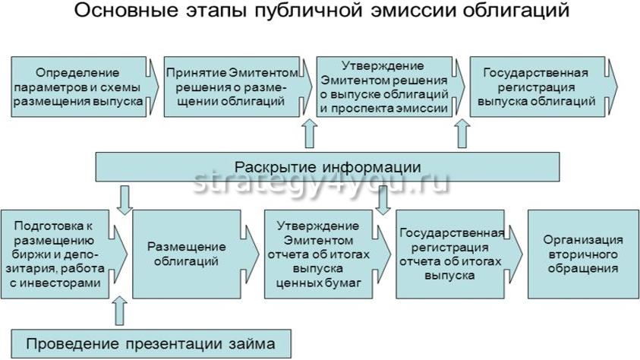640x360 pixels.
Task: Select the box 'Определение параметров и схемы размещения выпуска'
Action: (78, 87)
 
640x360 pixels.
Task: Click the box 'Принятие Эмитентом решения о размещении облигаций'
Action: (233, 87)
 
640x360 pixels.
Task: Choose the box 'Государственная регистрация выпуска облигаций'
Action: (536, 87)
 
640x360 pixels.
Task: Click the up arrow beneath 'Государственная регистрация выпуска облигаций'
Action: (462, 135)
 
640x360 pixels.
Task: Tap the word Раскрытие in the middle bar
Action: (272, 166)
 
